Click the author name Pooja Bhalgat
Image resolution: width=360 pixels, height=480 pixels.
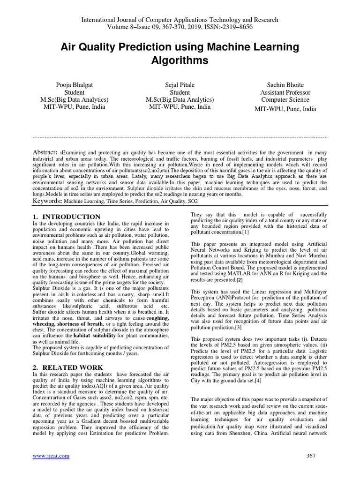[x=82, y=85]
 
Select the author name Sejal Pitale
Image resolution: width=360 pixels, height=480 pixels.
[x=180, y=85]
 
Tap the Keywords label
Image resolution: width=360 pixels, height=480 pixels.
[x=47, y=201]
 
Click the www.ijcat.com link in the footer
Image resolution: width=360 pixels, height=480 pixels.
[x=51, y=456]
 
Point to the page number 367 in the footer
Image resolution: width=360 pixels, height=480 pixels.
[x=311, y=456]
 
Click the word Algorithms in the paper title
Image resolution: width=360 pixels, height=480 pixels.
[x=180, y=61]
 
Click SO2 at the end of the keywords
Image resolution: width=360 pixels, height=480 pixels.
[x=192, y=201]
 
